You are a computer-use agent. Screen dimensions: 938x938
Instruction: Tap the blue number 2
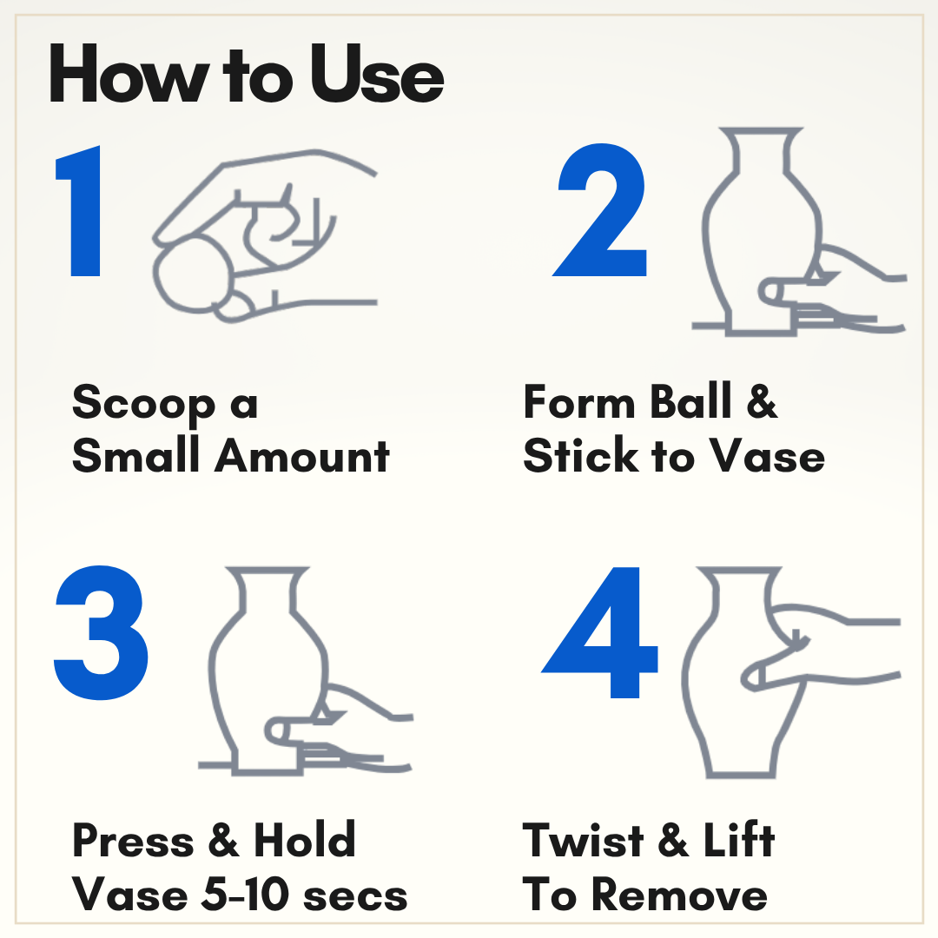pyautogui.click(x=601, y=210)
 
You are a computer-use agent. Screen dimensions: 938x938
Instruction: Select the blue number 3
pyautogui.click(x=101, y=631)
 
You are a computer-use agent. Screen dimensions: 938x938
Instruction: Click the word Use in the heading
pyautogui.click(x=377, y=74)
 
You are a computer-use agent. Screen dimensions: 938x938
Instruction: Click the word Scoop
pyautogui.click(x=143, y=403)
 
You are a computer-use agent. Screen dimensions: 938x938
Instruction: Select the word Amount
pyautogui.click(x=303, y=456)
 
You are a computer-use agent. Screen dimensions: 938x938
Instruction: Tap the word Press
pyautogui.click(x=133, y=841)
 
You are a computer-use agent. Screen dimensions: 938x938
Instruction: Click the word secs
pyautogui.click(x=355, y=897)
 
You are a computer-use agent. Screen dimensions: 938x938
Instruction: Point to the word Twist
pyautogui.click(x=583, y=840)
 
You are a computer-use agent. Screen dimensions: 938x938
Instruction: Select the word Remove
pyautogui.click(x=679, y=895)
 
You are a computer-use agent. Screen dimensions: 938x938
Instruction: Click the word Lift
pyautogui.click(x=739, y=839)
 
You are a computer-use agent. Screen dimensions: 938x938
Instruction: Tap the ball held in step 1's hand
pyautogui.click(x=192, y=274)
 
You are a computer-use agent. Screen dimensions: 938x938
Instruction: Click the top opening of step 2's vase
pyautogui.click(x=760, y=129)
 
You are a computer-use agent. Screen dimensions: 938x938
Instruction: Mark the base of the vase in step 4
pyautogui.click(x=742, y=774)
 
